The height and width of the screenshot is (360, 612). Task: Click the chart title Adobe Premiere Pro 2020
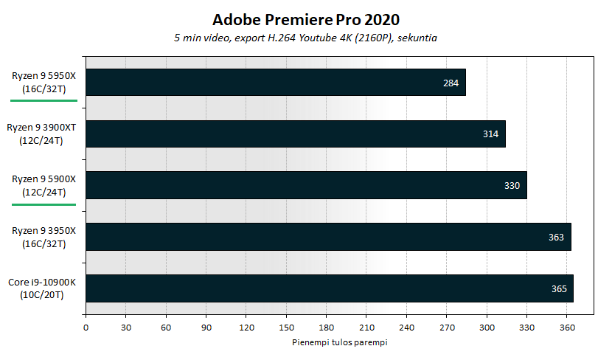306,18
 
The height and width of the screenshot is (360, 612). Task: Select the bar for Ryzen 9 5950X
276,83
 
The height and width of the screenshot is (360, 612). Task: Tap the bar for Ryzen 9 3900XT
296,134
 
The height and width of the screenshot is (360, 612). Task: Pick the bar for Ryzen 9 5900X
306,185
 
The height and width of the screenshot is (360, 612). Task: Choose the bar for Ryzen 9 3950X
328,237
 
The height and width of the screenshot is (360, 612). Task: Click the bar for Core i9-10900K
330,288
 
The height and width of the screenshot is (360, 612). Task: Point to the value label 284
451,83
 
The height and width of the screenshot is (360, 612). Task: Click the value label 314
491,134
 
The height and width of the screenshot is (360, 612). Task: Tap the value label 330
512,186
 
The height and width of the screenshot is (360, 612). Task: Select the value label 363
556,237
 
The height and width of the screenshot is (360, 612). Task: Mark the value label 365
559,288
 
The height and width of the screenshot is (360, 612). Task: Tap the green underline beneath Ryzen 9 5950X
43,99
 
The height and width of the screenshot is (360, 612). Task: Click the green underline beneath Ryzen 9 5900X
43,202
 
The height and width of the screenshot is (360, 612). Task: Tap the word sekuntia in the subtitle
419,38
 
